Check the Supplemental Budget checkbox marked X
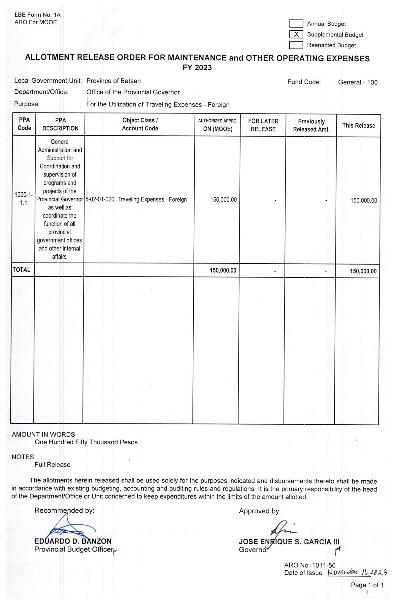click(x=296, y=34)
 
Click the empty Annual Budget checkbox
click(x=296, y=24)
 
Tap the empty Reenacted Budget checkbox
click(x=296, y=45)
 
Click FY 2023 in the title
click(x=197, y=68)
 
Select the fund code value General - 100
click(x=358, y=82)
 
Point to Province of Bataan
click(x=113, y=81)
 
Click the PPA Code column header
click(x=24, y=124)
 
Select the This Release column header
click(x=358, y=126)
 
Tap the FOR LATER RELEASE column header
click(x=263, y=125)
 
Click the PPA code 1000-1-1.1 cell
click(x=24, y=199)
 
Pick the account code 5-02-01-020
click(x=100, y=199)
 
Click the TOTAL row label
click(x=21, y=270)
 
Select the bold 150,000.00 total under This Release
click(x=363, y=271)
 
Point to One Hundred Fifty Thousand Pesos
click(x=86, y=442)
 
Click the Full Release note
click(x=53, y=464)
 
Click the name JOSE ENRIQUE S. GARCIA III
click(x=289, y=541)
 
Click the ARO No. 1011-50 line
click(x=309, y=565)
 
